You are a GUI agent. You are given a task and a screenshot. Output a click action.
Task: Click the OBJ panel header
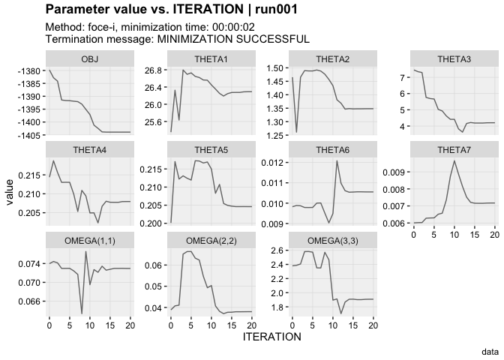point(89,58)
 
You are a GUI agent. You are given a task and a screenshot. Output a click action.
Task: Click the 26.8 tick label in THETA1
point(154,70)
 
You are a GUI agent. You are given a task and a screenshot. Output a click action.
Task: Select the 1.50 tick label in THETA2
point(275,67)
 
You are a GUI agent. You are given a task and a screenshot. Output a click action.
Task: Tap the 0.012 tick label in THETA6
point(273,162)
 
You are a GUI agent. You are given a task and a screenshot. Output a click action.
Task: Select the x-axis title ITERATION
point(271,337)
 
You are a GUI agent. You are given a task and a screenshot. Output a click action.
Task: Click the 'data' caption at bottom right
point(490,350)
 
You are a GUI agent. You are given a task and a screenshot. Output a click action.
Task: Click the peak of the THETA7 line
point(454,160)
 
